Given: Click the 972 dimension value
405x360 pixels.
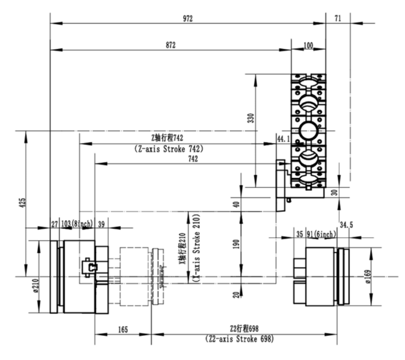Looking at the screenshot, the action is tap(188, 19).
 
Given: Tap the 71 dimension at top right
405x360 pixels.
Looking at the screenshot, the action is tap(338, 18).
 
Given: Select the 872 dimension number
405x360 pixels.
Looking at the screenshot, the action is tap(170, 45).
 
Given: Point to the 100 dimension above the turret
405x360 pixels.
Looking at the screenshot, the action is tap(309, 46).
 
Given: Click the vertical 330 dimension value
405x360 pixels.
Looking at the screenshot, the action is tap(251, 118).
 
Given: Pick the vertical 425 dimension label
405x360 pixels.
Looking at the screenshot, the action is tap(23, 203).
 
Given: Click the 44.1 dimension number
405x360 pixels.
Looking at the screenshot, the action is tap(283, 139).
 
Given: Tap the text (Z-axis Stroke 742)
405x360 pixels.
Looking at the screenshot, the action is tap(169, 149).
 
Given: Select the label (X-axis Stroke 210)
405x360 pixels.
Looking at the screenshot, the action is tap(197, 248).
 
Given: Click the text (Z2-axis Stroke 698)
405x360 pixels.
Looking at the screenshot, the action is tap(239, 338).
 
